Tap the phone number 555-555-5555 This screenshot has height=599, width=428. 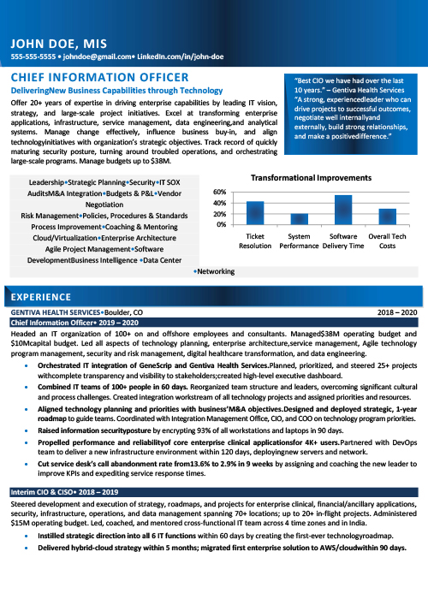coord(33,56)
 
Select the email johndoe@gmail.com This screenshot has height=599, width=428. coord(92,56)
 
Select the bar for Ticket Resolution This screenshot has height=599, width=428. coord(255,212)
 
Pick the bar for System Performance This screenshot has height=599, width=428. coord(299,218)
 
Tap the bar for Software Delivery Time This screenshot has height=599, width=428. coord(343,210)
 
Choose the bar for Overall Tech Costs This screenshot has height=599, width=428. coord(388,216)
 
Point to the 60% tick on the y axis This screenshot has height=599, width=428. coord(219,192)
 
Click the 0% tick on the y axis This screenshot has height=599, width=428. coord(222,224)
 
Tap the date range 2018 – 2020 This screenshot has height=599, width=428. coord(396,313)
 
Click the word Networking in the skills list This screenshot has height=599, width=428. coord(215,271)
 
